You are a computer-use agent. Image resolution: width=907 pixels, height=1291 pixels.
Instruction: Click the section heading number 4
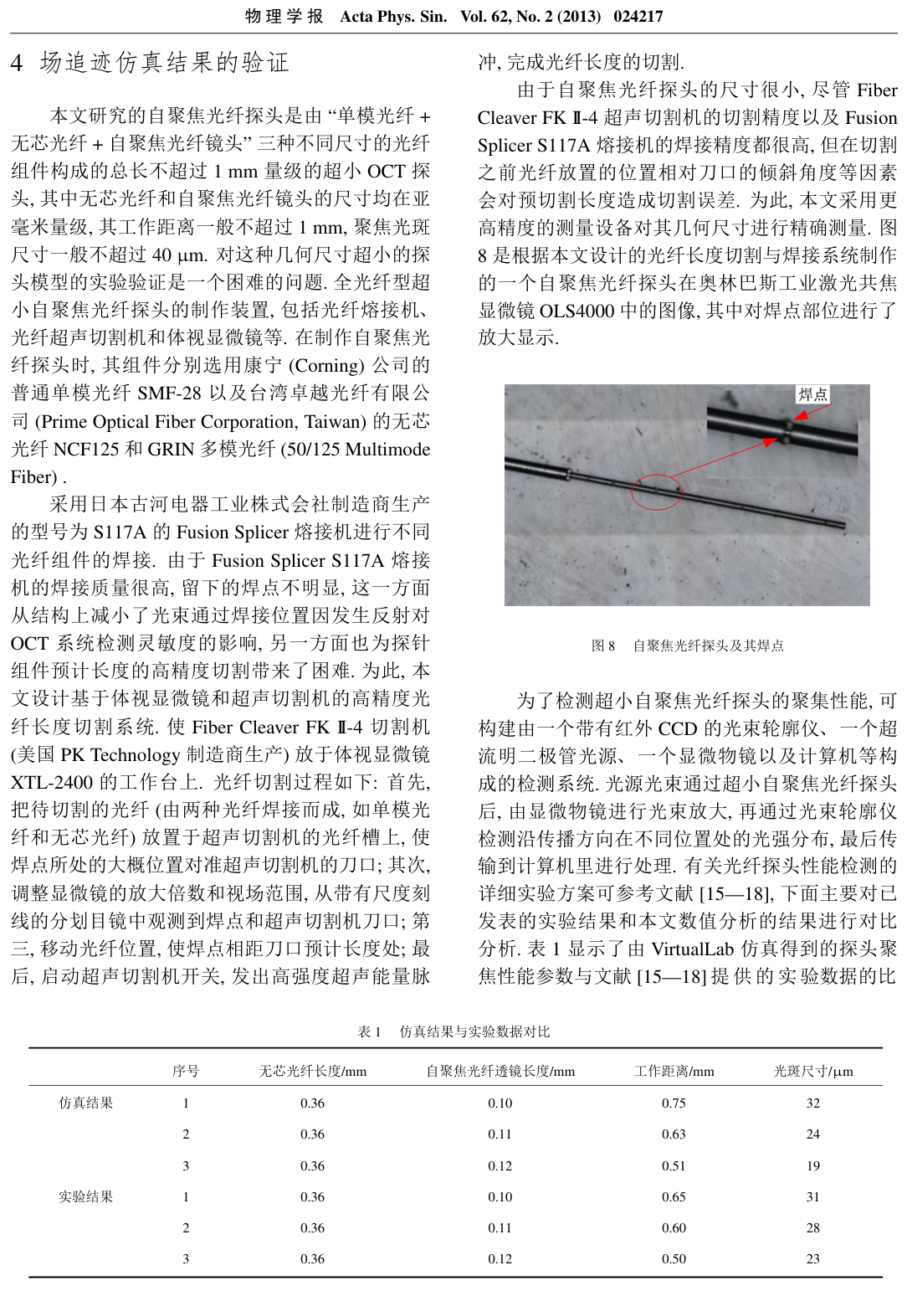[x=17, y=63]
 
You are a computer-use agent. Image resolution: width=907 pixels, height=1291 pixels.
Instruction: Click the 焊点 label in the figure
[x=812, y=394]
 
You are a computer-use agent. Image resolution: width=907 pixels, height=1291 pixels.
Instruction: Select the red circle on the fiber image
[x=656, y=491]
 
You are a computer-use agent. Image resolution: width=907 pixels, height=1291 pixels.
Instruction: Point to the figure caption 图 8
[x=602, y=645]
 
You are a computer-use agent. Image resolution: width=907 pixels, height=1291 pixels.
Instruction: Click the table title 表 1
[x=369, y=1031]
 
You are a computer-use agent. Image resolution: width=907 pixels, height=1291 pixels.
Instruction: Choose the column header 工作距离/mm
[x=674, y=1072]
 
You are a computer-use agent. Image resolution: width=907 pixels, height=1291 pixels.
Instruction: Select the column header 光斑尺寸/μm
[x=812, y=1072]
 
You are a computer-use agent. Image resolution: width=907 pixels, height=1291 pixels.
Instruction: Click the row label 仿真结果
[x=85, y=1103]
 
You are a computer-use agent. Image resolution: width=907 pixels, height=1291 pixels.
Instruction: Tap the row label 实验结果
[x=85, y=1197]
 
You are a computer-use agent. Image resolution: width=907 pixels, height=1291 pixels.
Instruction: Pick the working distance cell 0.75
[x=674, y=1103]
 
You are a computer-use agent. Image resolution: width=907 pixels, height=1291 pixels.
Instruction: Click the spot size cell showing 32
[x=812, y=1103]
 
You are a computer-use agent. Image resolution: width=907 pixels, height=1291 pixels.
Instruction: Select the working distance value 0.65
[x=674, y=1197]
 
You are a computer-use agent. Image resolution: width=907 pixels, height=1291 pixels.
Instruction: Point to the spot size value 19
[x=812, y=1166]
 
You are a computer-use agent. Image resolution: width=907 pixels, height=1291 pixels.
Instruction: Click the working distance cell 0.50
[x=674, y=1259]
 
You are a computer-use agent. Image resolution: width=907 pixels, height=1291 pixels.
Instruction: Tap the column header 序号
[x=186, y=1072]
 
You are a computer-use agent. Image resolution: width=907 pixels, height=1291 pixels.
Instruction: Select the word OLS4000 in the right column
[x=577, y=311]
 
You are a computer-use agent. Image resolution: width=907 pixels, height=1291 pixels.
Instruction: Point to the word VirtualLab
[x=692, y=949]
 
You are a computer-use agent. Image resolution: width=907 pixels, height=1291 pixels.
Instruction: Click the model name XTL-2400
[x=51, y=783]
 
